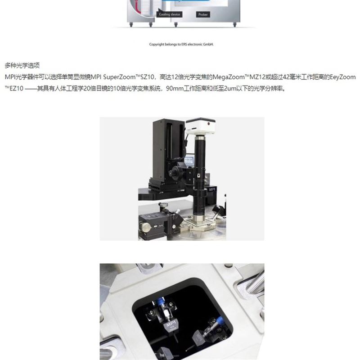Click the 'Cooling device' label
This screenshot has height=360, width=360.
click(x=170, y=14)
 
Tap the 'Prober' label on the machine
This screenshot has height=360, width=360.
click(x=203, y=14)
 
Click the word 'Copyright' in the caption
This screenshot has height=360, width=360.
click(x=157, y=44)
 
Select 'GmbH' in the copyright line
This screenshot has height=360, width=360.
click(x=208, y=44)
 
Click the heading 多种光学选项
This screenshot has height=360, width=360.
click(x=22, y=65)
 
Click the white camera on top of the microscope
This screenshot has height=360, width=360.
click(x=200, y=126)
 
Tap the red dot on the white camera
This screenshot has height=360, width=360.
click(x=209, y=123)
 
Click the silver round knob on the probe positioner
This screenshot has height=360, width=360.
click(x=146, y=227)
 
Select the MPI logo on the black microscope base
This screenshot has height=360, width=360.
click(x=212, y=189)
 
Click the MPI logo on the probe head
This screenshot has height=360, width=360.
click(x=171, y=324)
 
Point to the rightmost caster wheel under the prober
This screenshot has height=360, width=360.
click(x=234, y=24)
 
